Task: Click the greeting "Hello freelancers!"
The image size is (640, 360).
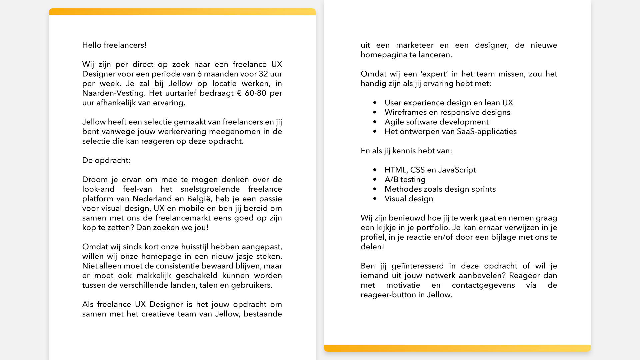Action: click(x=114, y=45)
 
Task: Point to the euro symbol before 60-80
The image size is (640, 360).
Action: click(x=239, y=93)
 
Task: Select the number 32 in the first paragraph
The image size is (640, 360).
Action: click(x=263, y=74)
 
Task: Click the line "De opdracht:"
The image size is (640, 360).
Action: click(x=106, y=160)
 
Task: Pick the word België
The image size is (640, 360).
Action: click(x=199, y=199)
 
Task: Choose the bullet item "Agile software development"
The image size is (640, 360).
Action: click(x=436, y=122)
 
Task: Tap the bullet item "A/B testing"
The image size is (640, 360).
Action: click(x=405, y=180)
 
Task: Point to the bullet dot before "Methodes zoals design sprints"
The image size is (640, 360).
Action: click(x=375, y=189)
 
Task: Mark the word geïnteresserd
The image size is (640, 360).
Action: click(x=418, y=266)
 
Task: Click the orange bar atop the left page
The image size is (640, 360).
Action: click(x=182, y=12)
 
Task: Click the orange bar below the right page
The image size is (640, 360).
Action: click(x=457, y=348)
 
